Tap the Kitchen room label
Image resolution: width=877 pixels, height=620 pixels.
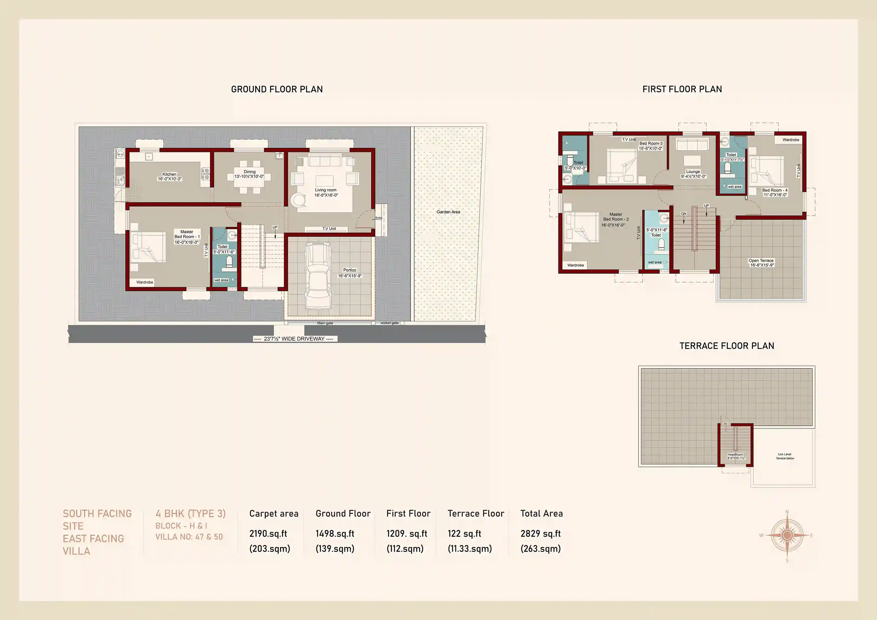tap(169, 174)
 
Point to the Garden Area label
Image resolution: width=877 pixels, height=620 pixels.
tap(448, 212)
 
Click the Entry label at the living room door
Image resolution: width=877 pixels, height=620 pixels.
tap(379, 218)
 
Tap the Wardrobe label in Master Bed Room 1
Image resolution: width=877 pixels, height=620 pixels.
tap(145, 282)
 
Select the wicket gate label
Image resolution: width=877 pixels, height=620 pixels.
tap(389, 323)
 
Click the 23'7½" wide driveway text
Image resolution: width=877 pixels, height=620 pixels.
tap(294, 339)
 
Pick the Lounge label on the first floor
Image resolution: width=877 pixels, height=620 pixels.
tap(693, 171)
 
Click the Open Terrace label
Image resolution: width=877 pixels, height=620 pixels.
tap(761, 261)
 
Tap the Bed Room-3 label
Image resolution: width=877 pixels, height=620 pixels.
tap(651, 144)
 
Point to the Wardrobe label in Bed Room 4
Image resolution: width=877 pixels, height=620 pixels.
tap(790, 140)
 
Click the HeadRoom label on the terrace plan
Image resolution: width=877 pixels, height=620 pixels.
tap(735, 455)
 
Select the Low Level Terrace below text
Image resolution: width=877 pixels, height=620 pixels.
tap(785, 456)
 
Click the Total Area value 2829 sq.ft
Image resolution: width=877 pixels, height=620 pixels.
tap(540, 534)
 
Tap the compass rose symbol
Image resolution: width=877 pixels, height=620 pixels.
tap(787, 535)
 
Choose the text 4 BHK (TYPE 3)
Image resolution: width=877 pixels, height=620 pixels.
tap(190, 514)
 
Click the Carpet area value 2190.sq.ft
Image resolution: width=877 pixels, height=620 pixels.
tap(268, 534)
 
